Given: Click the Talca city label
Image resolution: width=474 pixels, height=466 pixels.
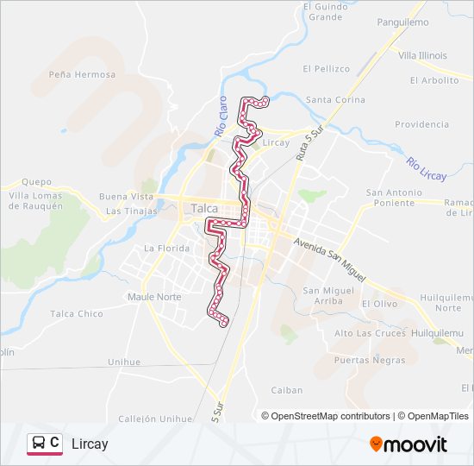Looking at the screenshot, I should pos(205,208).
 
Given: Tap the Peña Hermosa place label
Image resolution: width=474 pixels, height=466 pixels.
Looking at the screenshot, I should pos(82,74).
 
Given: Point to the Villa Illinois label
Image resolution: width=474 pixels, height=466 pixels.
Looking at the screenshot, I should pos(422,55).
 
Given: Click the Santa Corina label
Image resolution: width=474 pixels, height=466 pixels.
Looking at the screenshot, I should pos(335,100).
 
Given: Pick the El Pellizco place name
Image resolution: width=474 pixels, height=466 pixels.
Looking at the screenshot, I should pos(326,68).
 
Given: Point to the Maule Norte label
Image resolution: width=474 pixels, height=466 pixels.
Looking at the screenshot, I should pos(154,298).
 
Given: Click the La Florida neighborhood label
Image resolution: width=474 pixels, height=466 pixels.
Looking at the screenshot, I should pos(165,249).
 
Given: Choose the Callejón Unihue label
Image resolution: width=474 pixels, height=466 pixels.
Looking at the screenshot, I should pos(156,419).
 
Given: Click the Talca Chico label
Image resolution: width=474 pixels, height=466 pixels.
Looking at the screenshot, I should pos(77,314).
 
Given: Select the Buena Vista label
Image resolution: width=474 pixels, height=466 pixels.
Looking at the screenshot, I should pos(126,197).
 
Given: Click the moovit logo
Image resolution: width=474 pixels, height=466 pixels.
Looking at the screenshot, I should pos(409,444).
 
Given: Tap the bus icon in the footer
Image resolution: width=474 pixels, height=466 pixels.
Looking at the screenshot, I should pos(39,444).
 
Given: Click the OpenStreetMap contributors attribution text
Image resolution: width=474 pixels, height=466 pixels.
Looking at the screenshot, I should pos(331,416).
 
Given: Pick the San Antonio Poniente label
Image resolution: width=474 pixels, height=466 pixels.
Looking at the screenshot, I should pos(395,198).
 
